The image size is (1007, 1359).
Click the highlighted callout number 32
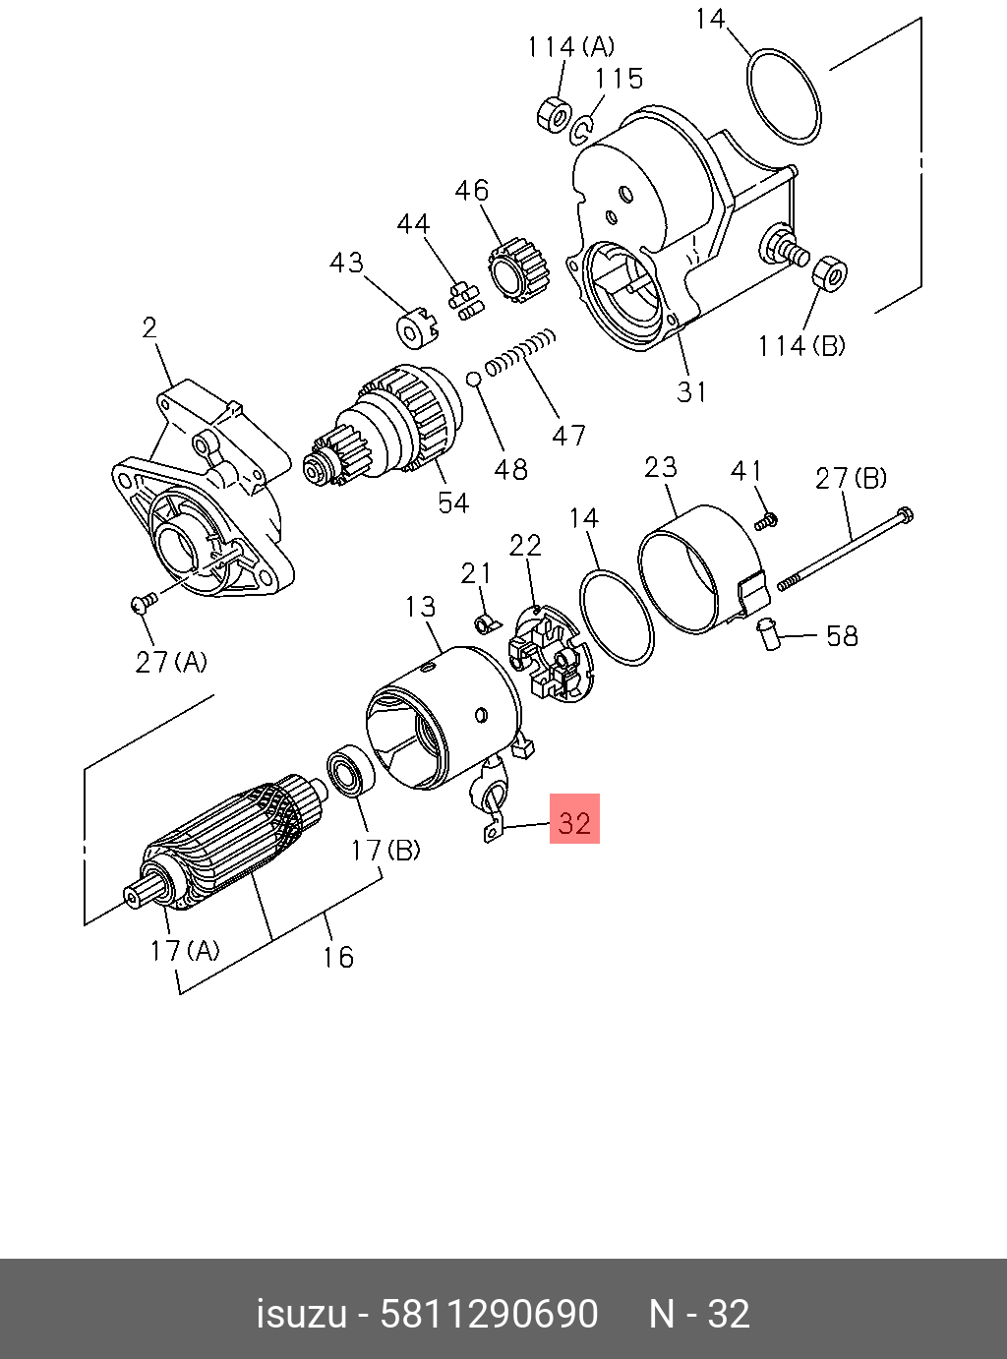(574, 820)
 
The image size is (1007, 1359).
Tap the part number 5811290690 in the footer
(489, 1314)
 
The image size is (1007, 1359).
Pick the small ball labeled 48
(473, 379)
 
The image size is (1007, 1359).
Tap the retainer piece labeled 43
(415, 327)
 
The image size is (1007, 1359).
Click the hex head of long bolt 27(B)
(905, 513)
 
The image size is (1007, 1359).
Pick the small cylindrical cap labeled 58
(768, 633)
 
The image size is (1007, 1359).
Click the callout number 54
(453, 502)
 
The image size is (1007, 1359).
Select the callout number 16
(337, 956)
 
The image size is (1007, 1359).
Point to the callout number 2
(149, 327)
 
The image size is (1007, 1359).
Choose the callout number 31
(691, 391)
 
